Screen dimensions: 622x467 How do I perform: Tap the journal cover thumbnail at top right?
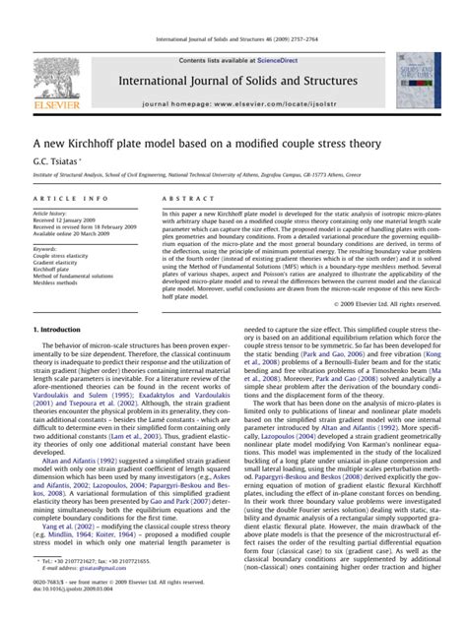click(x=420, y=81)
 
